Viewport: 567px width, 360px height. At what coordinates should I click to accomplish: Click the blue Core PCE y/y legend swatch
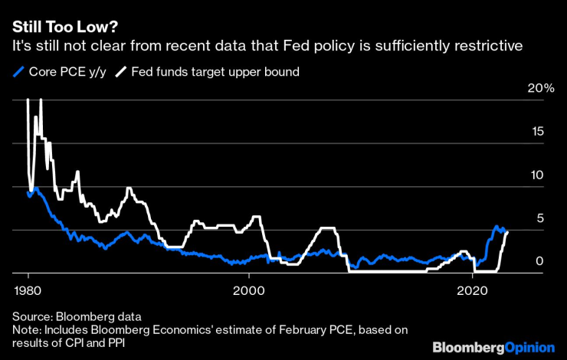(x=18, y=73)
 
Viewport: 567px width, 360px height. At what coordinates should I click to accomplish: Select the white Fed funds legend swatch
(x=121, y=73)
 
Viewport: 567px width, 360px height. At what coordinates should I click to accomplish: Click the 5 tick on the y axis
(x=540, y=219)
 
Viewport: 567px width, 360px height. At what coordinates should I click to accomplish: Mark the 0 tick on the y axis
(x=540, y=262)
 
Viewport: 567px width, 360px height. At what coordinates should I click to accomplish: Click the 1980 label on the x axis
(x=28, y=291)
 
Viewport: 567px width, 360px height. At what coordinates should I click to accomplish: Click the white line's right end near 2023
(x=507, y=231)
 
